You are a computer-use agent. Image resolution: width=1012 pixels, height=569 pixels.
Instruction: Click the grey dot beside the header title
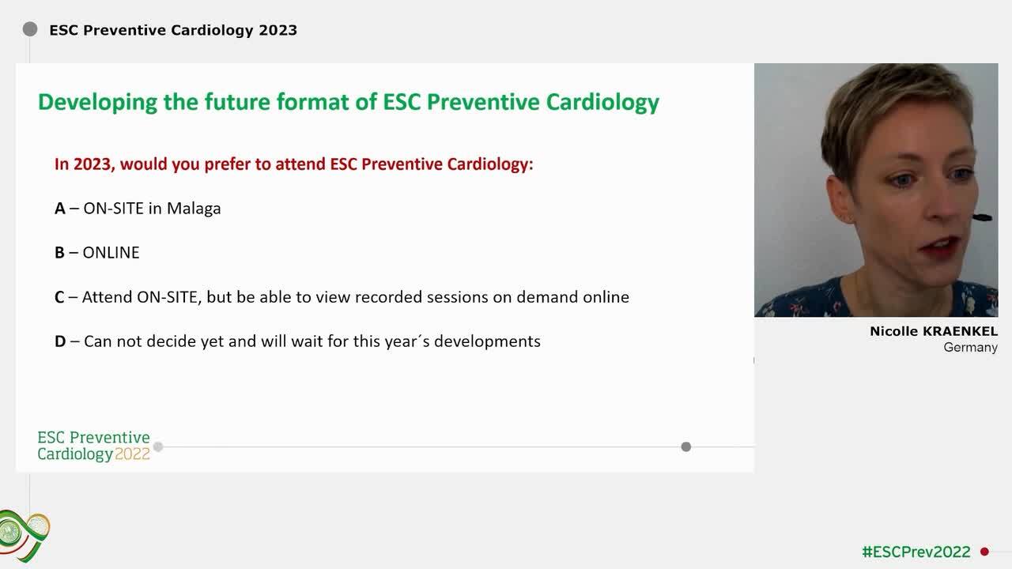(x=30, y=30)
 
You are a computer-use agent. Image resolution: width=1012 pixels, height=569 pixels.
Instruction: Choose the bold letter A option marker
(x=60, y=209)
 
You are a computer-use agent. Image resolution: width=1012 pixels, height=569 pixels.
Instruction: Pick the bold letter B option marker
(x=59, y=253)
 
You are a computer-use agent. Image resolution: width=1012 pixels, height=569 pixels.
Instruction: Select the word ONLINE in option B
(x=111, y=253)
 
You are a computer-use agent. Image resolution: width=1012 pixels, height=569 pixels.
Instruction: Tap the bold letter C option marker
(x=59, y=297)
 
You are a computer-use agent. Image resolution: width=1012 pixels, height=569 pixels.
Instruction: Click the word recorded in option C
(x=389, y=297)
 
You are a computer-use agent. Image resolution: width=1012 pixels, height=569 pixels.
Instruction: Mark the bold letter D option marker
(x=60, y=341)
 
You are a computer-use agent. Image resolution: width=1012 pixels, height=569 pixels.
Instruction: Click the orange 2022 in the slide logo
(x=132, y=454)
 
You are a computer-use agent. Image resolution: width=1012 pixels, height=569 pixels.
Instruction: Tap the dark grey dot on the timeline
(x=686, y=447)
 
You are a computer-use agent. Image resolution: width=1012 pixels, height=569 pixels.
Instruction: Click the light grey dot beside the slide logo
(x=158, y=447)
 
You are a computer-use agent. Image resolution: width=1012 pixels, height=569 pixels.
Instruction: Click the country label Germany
(x=970, y=348)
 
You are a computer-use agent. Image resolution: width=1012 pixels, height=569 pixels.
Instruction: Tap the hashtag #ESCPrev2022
(x=916, y=552)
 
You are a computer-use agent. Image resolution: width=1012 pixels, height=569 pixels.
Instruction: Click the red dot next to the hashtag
(x=984, y=552)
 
